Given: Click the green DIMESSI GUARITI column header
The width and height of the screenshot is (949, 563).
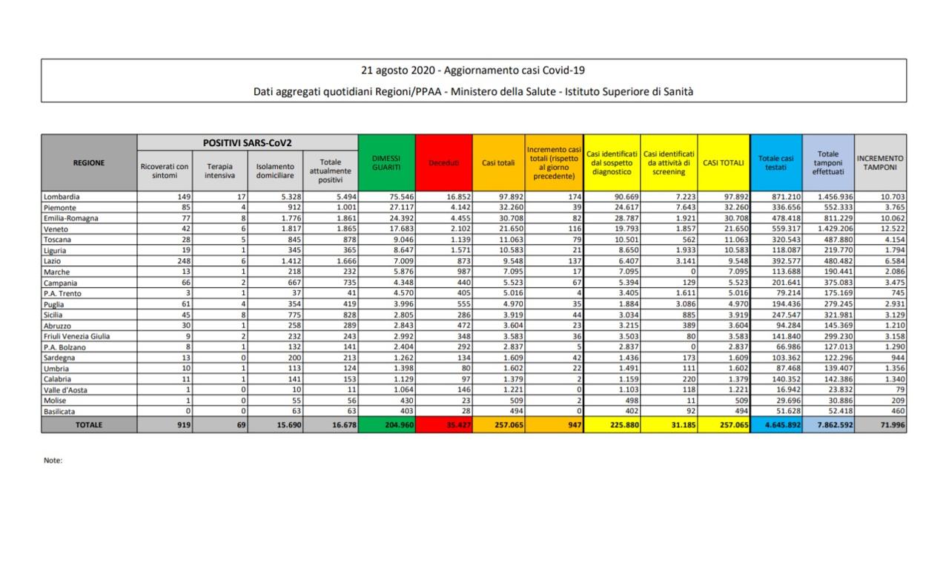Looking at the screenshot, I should [x=386, y=162].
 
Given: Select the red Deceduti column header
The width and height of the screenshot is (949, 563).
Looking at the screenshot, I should [x=443, y=162].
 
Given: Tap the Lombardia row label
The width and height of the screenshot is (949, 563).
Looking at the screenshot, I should [x=61, y=197].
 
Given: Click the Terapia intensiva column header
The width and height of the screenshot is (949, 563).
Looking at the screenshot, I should [x=220, y=170].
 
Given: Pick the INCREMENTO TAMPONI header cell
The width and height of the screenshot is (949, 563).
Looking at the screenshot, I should [x=880, y=162].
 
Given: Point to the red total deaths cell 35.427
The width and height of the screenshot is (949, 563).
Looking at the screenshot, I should [x=443, y=425].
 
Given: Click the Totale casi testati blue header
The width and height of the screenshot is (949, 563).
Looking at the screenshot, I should [x=776, y=162].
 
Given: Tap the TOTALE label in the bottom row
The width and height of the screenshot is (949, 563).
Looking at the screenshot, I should [x=89, y=425].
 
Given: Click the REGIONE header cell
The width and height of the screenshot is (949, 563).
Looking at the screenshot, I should [x=89, y=162].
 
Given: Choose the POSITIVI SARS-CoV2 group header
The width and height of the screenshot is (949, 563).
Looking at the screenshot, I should [x=248, y=142].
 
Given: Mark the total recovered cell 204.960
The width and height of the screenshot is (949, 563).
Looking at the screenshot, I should [x=386, y=425].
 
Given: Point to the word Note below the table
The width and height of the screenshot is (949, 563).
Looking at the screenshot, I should [x=53, y=461].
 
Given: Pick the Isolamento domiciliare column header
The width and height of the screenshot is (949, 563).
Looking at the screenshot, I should [x=275, y=170].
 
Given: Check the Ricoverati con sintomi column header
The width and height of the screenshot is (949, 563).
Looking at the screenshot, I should [x=165, y=170].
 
